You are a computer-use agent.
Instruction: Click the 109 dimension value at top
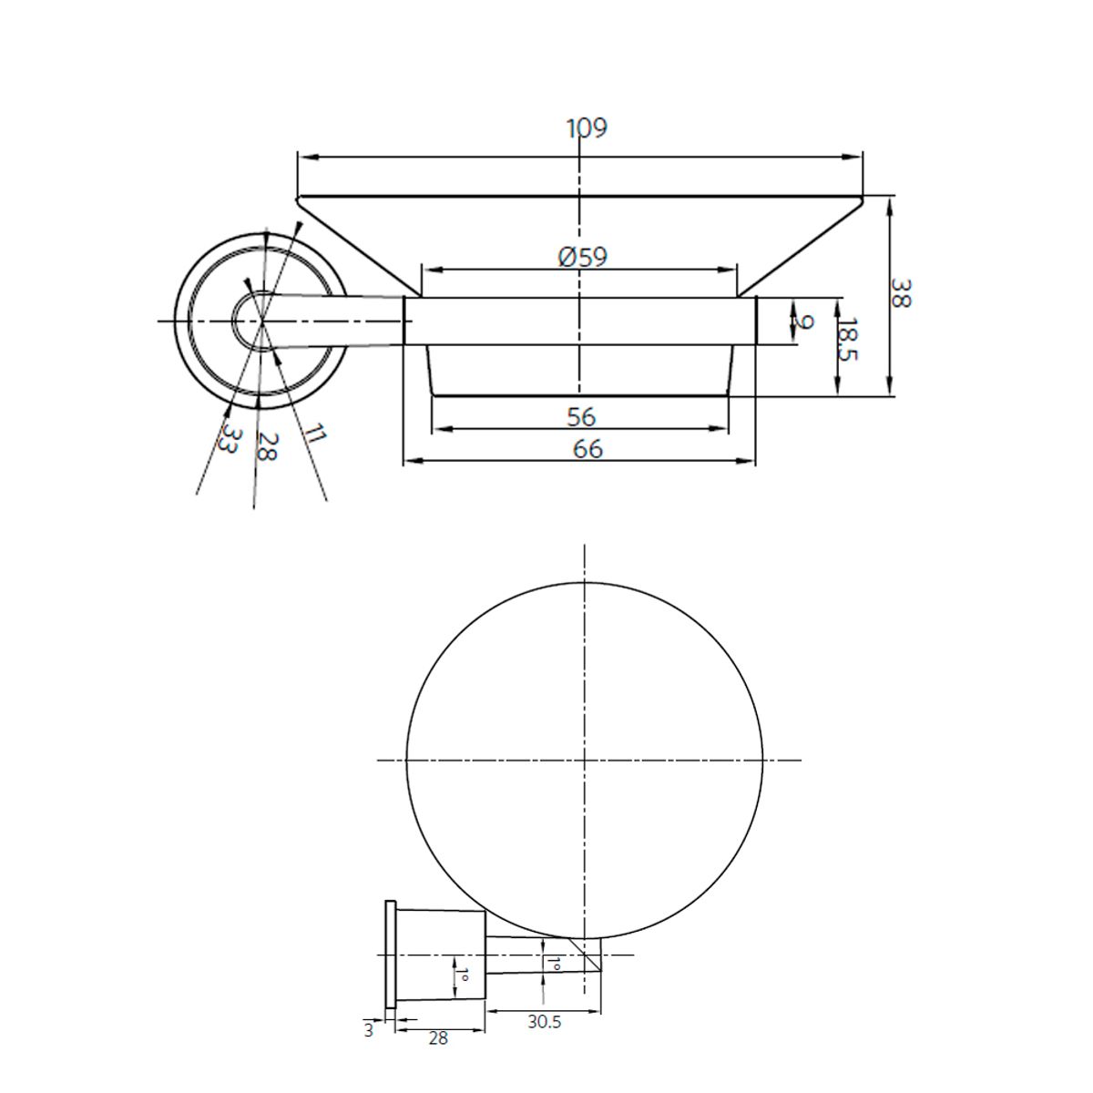click(587, 128)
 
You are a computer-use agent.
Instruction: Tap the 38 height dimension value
click(899, 294)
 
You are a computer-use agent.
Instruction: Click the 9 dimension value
click(802, 322)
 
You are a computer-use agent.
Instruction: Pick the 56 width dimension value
click(580, 417)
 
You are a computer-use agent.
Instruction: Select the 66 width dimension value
click(587, 449)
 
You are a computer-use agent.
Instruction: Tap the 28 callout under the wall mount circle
click(265, 446)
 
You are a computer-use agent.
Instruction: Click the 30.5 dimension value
click(544, 1022)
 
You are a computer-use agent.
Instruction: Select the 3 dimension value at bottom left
click(368, 1031)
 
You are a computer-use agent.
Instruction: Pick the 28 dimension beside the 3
click(438, 1037)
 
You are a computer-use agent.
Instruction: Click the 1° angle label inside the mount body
click(462, 977)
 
